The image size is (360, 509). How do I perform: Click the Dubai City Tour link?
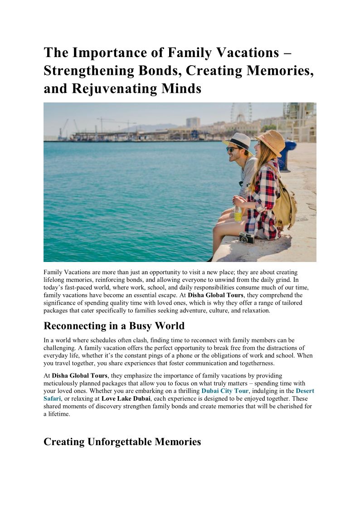coord(225,391)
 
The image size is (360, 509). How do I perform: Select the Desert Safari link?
coord(305,391)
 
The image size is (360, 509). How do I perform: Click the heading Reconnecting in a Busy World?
coord(114,326)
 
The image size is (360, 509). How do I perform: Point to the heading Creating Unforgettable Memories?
coord(122,441)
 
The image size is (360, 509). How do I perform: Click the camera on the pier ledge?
coord(247,238)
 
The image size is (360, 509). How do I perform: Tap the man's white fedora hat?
coord(238,140)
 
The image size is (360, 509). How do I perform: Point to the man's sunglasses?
coord(233,149)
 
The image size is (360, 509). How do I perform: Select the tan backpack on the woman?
coord(285,204)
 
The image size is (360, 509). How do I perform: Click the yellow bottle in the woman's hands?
coord(238,213)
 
